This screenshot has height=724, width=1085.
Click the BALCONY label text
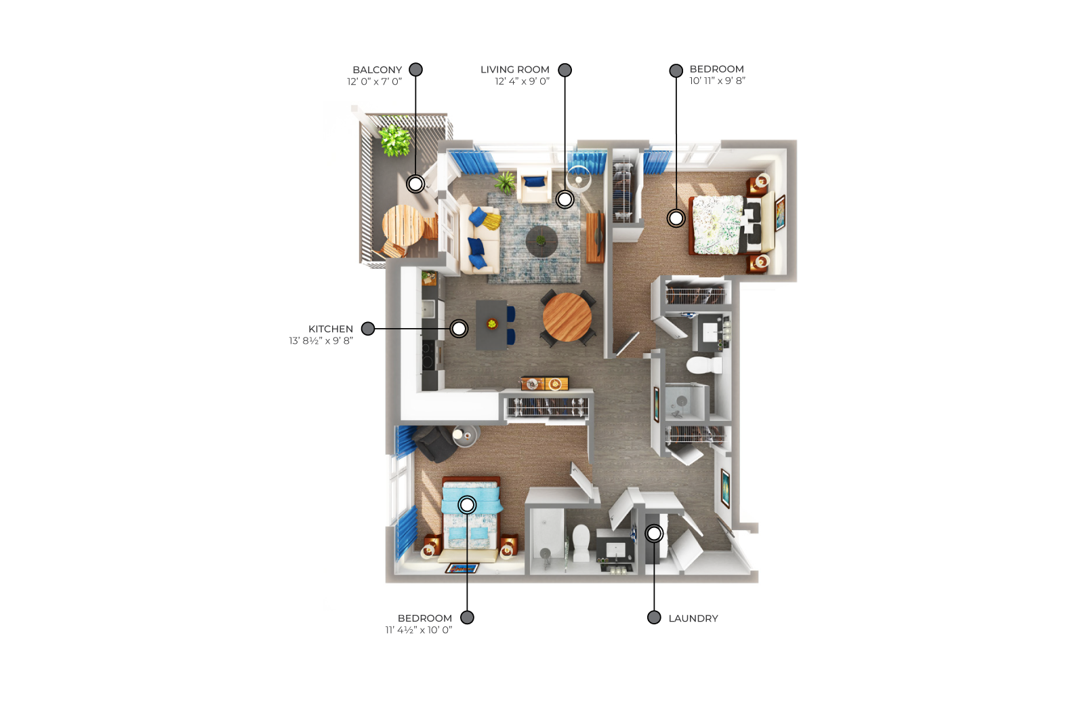pos(377,70)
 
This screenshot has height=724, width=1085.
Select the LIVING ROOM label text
pos(514,70)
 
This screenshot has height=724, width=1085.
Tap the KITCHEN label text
pos(330,329)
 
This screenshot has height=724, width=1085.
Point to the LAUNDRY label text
pos(693,618)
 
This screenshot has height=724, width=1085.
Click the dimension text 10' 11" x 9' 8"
pos(717,81)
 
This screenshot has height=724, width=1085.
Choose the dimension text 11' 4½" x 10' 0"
pos(419,630)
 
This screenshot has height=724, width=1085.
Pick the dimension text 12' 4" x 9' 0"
pos(522,81)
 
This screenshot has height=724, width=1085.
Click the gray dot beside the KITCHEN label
pos(368,329)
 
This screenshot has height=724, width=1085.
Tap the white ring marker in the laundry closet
pos(654,534)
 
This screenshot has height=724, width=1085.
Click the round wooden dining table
pos(567,317)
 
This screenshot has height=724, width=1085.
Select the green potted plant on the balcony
pos(394,140)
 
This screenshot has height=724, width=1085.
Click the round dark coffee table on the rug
pos(541,241)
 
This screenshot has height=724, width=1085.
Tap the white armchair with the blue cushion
pos(534,184)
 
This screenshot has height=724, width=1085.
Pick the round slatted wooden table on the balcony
pos(403,225)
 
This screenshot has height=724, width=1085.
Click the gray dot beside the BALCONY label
pos(415,70)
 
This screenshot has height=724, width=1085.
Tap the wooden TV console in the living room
pos(595,237)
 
